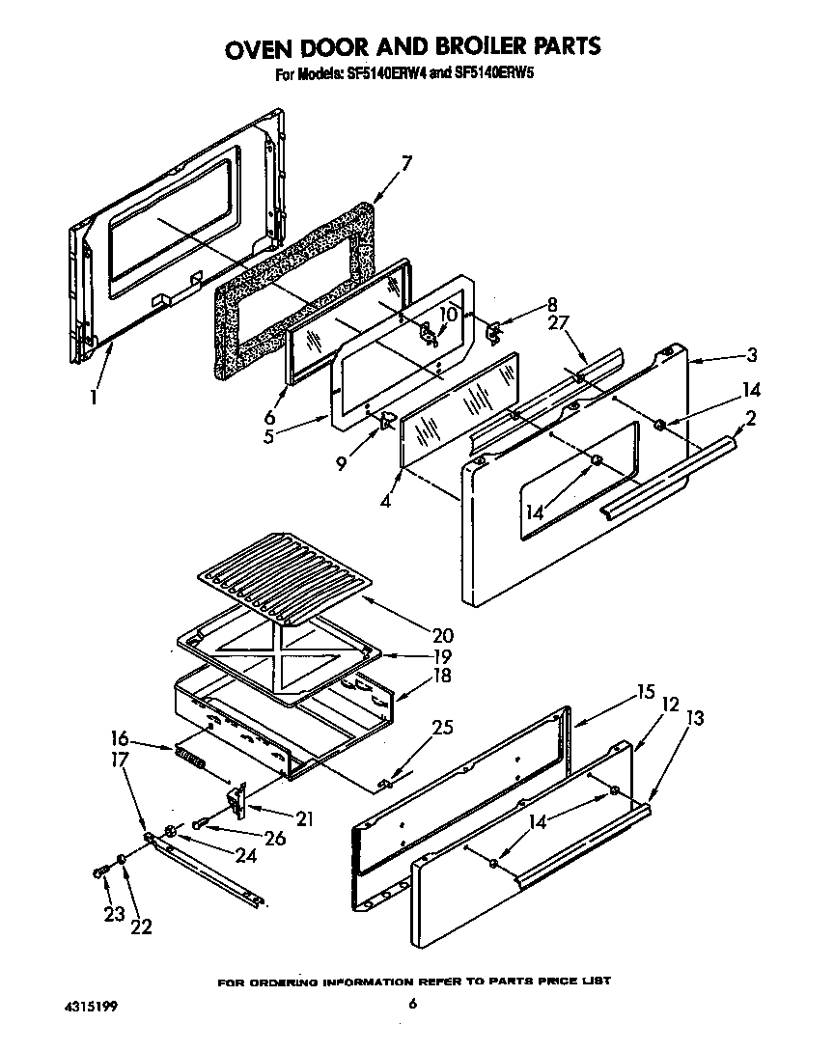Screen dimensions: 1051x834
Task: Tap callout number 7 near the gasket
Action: coord(406,163)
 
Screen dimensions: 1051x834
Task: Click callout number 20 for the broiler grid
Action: coord(443,635)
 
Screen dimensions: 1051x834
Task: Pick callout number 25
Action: coord(442,728)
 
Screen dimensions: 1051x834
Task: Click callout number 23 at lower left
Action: coord(114,914)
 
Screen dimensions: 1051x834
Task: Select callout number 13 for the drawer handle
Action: coord(694,718)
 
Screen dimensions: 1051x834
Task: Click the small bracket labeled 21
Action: coord(235,797)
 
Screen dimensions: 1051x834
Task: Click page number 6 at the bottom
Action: coord(412,1005)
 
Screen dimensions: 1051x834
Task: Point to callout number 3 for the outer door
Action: coord(752,356)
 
